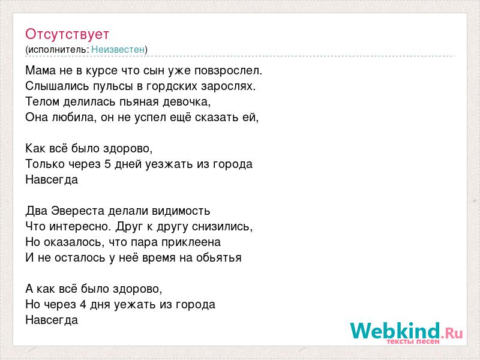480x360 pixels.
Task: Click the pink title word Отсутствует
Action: (67, 34)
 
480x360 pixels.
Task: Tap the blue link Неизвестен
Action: (118, 49)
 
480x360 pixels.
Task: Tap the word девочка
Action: (187, 102)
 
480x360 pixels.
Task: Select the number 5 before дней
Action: (107, 164)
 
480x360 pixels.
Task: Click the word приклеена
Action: (191, 242)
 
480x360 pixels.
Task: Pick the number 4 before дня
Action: (83, 305)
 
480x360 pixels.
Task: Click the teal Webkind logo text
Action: (395, 331)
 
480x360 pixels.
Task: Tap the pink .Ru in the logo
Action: (452, 332)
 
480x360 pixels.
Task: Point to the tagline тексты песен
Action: (413, 341)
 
